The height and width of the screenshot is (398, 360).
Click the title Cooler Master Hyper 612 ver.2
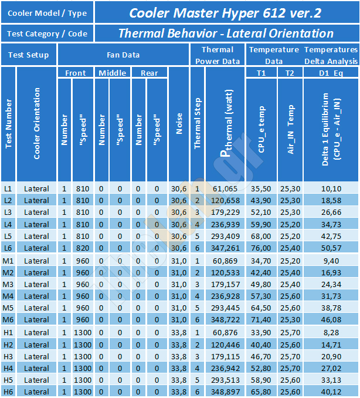click(x=225, y=13)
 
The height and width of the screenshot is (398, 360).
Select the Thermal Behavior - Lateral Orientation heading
click(x=226, y=33)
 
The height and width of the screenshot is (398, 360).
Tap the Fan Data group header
click(x=123, y=55)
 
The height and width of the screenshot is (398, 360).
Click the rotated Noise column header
click(x=179, y=123)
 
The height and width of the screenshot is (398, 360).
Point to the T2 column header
click(x=290, y=73)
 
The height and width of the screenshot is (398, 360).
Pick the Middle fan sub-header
click(x=113, y=73)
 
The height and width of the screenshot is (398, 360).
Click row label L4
click(x=8, y=224)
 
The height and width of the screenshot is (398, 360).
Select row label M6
click(x=8, y=319)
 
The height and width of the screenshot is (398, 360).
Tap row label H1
click(x=8, y=332)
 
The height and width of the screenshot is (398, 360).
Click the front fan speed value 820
click(x=83, y=248)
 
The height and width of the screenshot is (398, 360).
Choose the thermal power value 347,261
click(x=225, y=248)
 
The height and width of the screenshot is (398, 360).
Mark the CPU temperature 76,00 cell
click(x=261, y=248)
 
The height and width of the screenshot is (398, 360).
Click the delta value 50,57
click(x=331, y=248)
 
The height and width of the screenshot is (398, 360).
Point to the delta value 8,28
click(x=331, y=332)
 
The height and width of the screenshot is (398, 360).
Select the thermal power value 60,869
click(x=225, y=261)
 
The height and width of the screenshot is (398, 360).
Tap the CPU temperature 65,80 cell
click(x=261, y=392)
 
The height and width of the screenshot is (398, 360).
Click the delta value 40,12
click(x=331, y=392)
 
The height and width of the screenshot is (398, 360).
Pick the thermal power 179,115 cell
click(x=225, y=357)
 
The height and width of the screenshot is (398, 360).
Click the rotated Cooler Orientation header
click(x=37, y=123)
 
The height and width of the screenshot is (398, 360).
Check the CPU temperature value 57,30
click(x=261, y=296)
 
